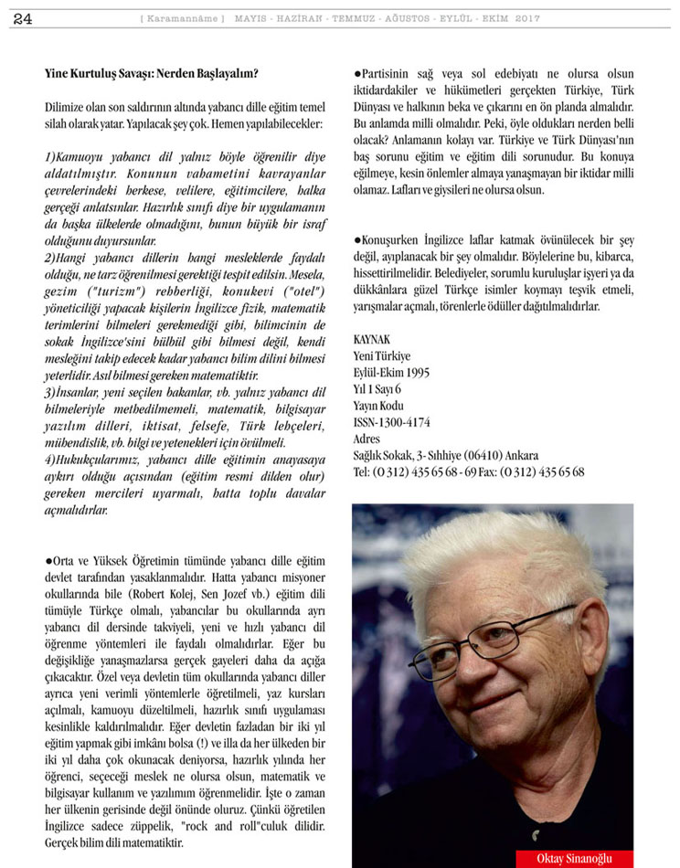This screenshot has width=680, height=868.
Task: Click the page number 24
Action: (23, 19)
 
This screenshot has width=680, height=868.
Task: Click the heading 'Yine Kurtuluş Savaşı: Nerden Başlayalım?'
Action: (151, 73)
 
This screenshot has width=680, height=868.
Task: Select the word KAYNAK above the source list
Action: (371, 339)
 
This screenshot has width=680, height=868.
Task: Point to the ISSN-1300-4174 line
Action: (391, 422)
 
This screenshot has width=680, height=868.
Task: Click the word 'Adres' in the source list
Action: (367, 439)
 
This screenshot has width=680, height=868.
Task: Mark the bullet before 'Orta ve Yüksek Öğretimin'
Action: (48, 560)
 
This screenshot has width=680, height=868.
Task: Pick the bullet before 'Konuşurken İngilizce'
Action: (356, 239)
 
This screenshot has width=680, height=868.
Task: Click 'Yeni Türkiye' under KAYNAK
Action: (382, 355)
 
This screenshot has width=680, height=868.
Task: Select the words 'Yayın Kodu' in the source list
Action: (378, 406)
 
